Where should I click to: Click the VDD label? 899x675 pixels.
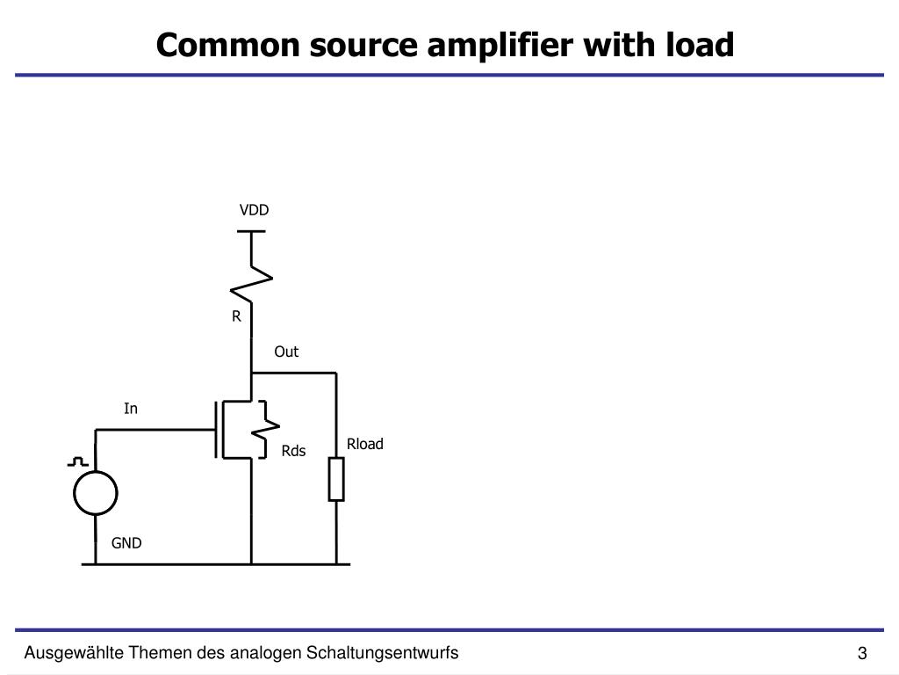254,210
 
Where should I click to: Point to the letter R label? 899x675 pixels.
236,316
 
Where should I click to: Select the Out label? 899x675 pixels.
286,352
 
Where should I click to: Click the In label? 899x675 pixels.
131,409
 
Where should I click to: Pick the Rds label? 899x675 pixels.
293,451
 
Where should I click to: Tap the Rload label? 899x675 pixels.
364,444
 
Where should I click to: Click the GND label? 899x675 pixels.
126,543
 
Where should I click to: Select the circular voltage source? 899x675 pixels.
95,492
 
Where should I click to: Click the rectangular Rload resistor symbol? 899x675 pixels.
336,479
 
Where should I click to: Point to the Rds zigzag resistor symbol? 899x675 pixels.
263,429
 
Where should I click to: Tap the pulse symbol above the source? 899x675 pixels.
78,461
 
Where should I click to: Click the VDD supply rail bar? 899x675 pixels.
252,231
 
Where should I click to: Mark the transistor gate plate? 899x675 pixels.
215,429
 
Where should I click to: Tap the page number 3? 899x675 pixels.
862,654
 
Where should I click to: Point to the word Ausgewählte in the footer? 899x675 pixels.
74,652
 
